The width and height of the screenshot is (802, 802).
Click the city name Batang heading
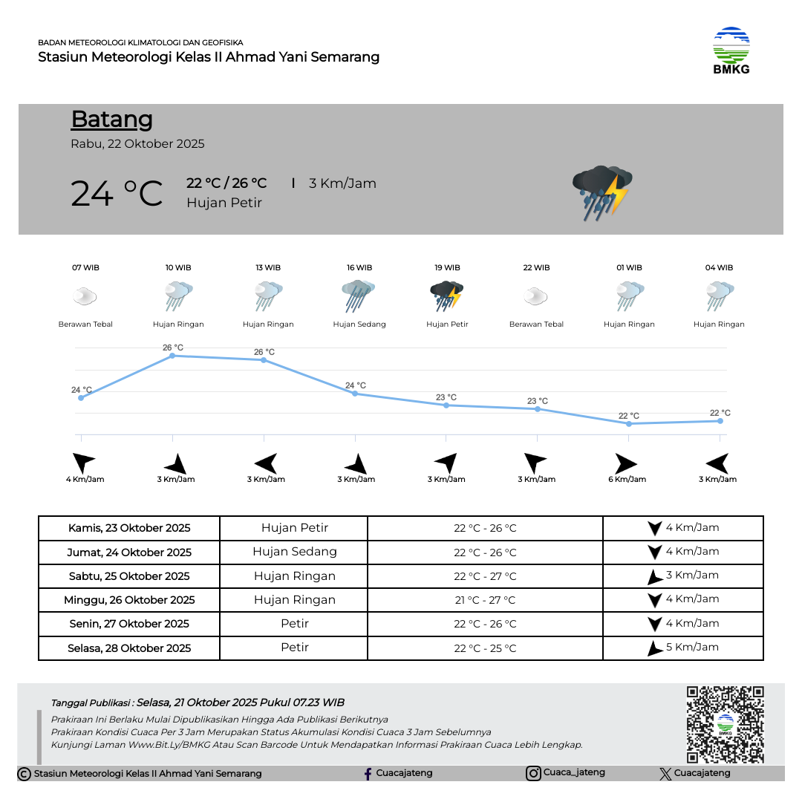[112, 119]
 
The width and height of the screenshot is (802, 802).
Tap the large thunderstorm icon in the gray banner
[601, 192]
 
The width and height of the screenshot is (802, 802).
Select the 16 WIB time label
[359, 267]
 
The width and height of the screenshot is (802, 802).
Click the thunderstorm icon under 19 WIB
[447, 296]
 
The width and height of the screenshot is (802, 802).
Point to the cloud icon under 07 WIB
[85, 297]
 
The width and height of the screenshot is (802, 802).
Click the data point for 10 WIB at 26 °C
[172, 356]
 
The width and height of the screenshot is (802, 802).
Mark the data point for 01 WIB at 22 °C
[629, 424]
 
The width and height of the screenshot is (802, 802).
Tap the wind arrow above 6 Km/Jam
[625, 464]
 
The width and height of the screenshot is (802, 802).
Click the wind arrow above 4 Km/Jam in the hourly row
[84, 463]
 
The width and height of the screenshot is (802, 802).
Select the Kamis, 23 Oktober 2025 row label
[129, 528]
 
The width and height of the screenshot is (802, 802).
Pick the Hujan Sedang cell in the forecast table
[295, 552]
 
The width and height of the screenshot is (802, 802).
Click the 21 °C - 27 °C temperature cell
[485, 600]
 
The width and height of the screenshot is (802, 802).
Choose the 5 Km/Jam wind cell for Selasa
[683, 648]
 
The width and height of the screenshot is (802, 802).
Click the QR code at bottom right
[725, 724]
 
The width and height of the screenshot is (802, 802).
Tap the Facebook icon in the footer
[368, 774]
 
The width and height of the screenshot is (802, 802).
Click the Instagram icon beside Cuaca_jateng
[533, 774]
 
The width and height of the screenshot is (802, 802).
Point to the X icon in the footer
[665, 774]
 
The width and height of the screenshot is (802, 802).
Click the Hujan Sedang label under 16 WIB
[359, 325]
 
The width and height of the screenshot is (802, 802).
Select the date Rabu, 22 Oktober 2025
[137, 144]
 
